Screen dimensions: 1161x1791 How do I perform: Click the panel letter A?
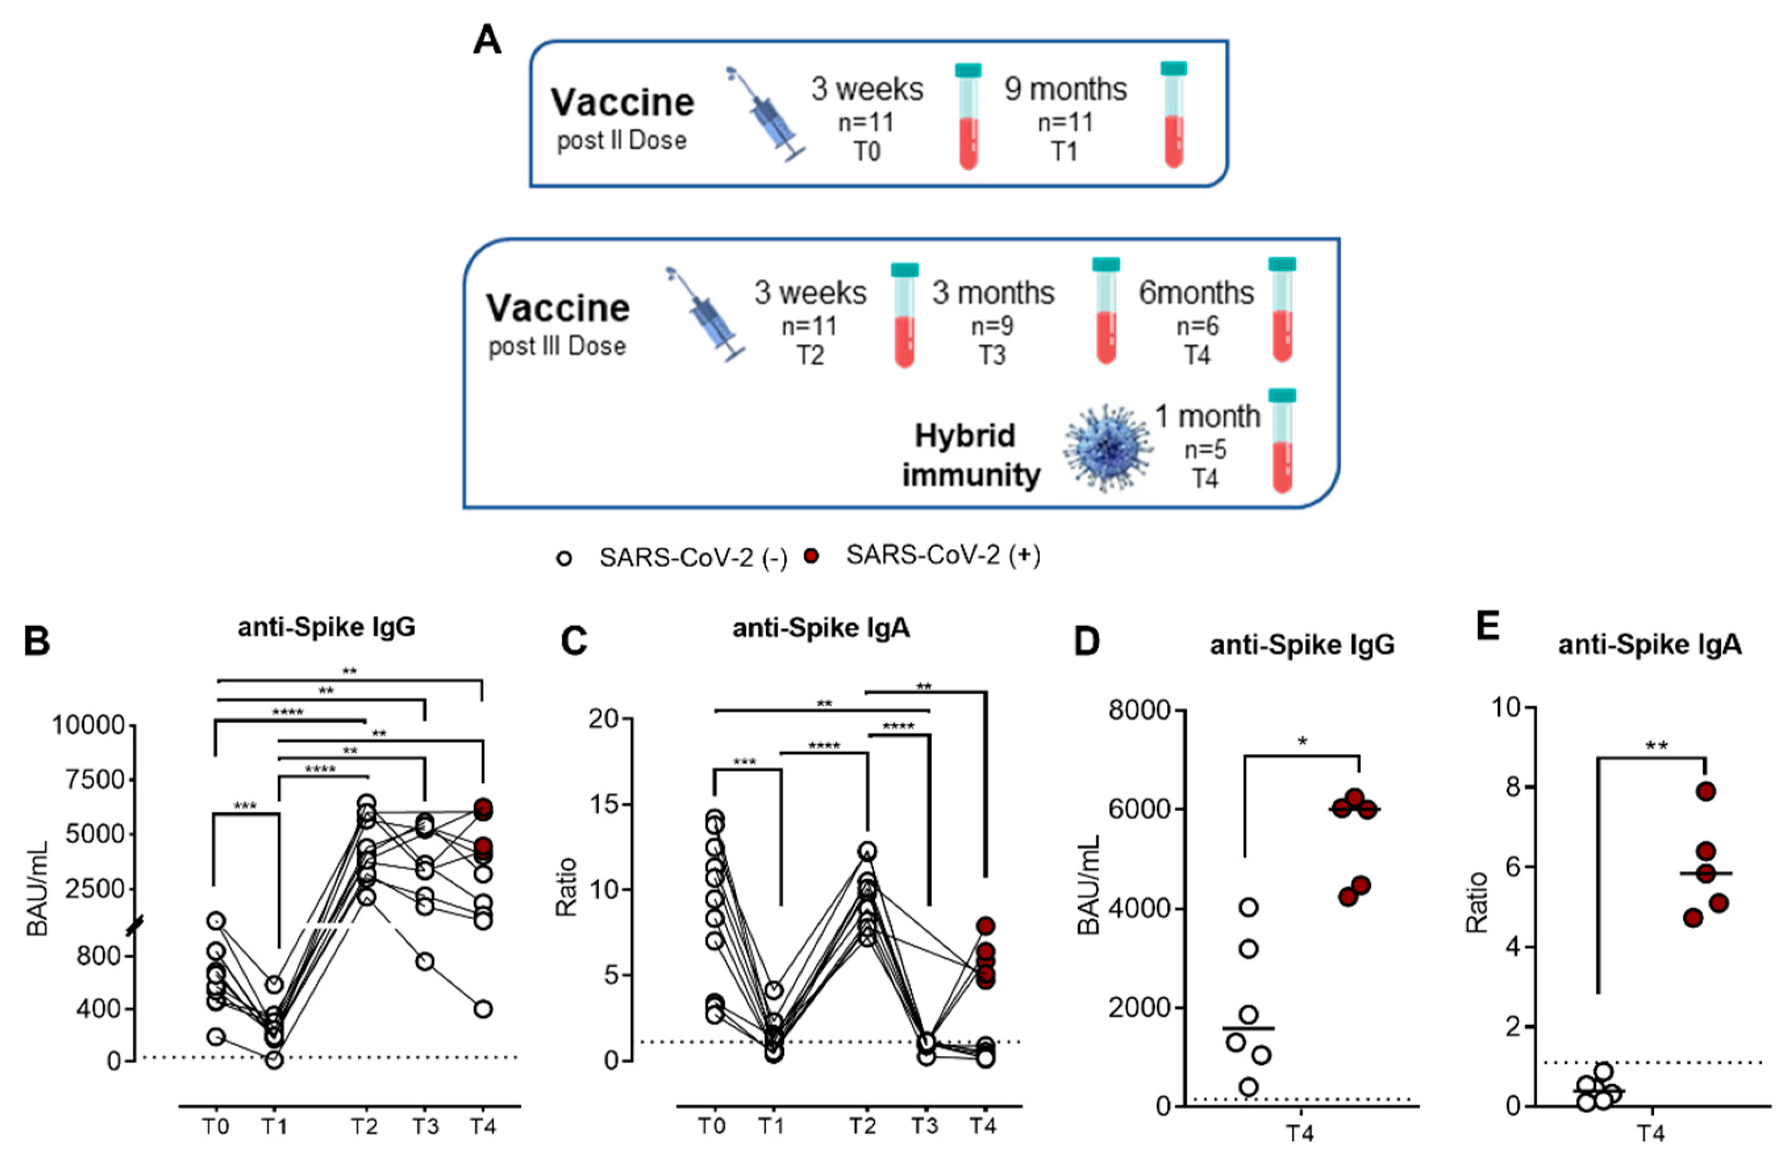(x=487, y=39)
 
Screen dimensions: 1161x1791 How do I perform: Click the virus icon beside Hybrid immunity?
(x=1106, y=447)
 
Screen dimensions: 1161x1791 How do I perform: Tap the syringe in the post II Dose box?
(x=765, y=115)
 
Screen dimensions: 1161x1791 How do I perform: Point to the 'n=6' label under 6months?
(x=1197, y=326)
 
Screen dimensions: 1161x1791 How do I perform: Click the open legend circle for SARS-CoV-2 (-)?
(x=564, y=558)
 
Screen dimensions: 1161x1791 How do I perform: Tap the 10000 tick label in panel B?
(x=87, y=726)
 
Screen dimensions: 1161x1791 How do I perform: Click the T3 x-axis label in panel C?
(x=925, y=1126)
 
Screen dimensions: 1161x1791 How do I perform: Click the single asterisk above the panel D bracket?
(x=1302, y=743)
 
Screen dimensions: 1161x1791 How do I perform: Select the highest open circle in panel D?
(x=1248, y=906)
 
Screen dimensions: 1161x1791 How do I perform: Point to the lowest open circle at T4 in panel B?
(x=482, y=1009)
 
